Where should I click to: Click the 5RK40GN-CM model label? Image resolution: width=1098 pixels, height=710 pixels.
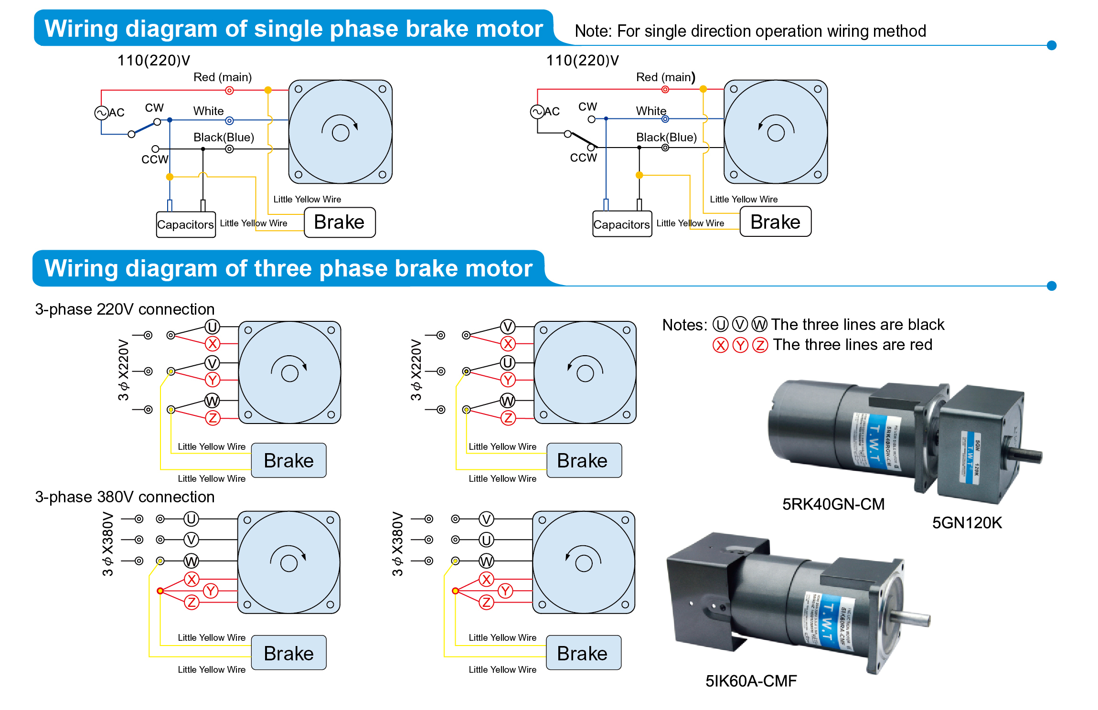833,504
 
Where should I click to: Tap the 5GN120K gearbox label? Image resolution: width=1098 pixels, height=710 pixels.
967,523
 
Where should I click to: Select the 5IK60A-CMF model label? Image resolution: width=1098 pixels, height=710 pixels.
751,681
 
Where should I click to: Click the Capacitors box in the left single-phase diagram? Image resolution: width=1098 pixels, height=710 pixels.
185,224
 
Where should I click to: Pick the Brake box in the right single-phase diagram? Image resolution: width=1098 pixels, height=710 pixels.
775,222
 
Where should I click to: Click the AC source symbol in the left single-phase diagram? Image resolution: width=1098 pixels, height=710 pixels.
101,113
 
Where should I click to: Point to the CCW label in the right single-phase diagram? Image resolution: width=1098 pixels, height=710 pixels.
583,158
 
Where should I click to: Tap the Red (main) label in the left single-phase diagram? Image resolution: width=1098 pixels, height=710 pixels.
222,77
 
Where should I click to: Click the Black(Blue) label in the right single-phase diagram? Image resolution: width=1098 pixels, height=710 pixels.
666,138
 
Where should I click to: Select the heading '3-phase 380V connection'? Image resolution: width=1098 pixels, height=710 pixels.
125,497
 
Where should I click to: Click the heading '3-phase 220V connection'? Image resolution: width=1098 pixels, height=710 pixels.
125,309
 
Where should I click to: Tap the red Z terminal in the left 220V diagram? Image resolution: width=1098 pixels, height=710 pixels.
213,418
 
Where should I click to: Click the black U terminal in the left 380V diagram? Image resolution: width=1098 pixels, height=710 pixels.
191,519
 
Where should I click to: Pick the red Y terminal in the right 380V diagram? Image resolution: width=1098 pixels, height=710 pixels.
505,591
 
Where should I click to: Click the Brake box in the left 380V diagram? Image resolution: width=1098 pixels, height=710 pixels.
288,653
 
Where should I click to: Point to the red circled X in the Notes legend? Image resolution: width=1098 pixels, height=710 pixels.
720,345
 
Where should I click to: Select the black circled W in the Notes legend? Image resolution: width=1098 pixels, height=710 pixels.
759,325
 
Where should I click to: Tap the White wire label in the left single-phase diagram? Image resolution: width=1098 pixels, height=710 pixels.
208,111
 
